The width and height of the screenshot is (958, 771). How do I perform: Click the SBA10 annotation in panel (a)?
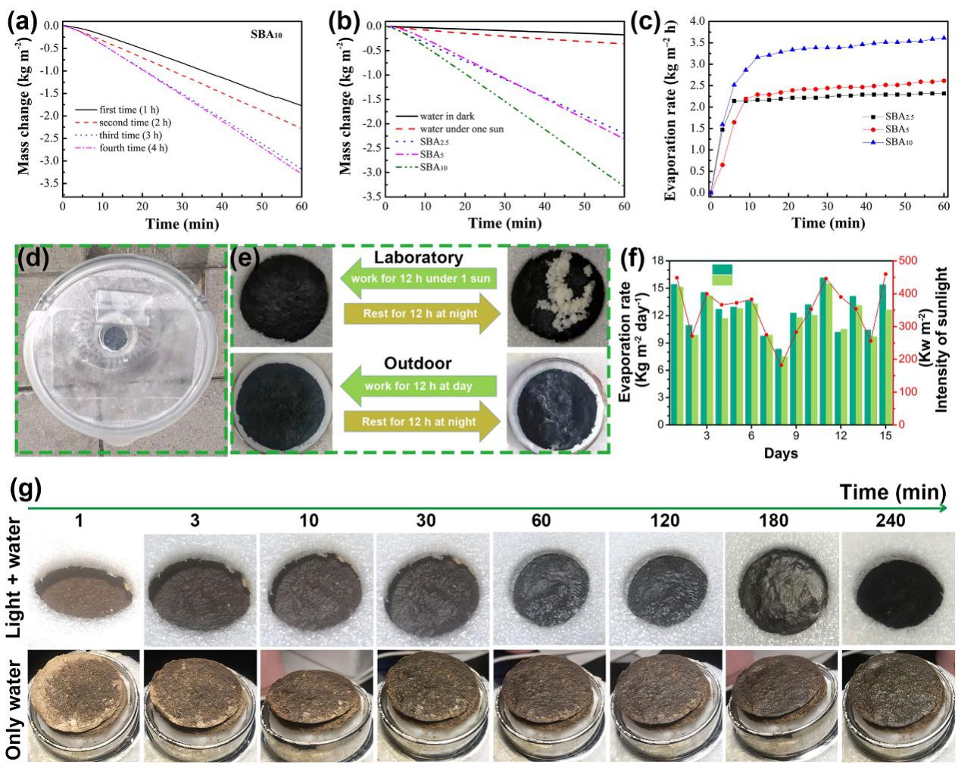tap(267, 34)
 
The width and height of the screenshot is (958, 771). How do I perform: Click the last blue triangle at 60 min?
tap(944, 38)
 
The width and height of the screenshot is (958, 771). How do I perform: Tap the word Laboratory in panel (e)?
tap(419, 258)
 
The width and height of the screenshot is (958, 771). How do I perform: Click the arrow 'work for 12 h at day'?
tap(419, 386)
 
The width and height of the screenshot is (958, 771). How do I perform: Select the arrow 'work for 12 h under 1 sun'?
tap(419, 278)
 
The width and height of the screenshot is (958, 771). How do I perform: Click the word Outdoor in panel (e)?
tap(419, 364)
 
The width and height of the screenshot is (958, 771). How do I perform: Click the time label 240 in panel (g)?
tap(895, 521)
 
